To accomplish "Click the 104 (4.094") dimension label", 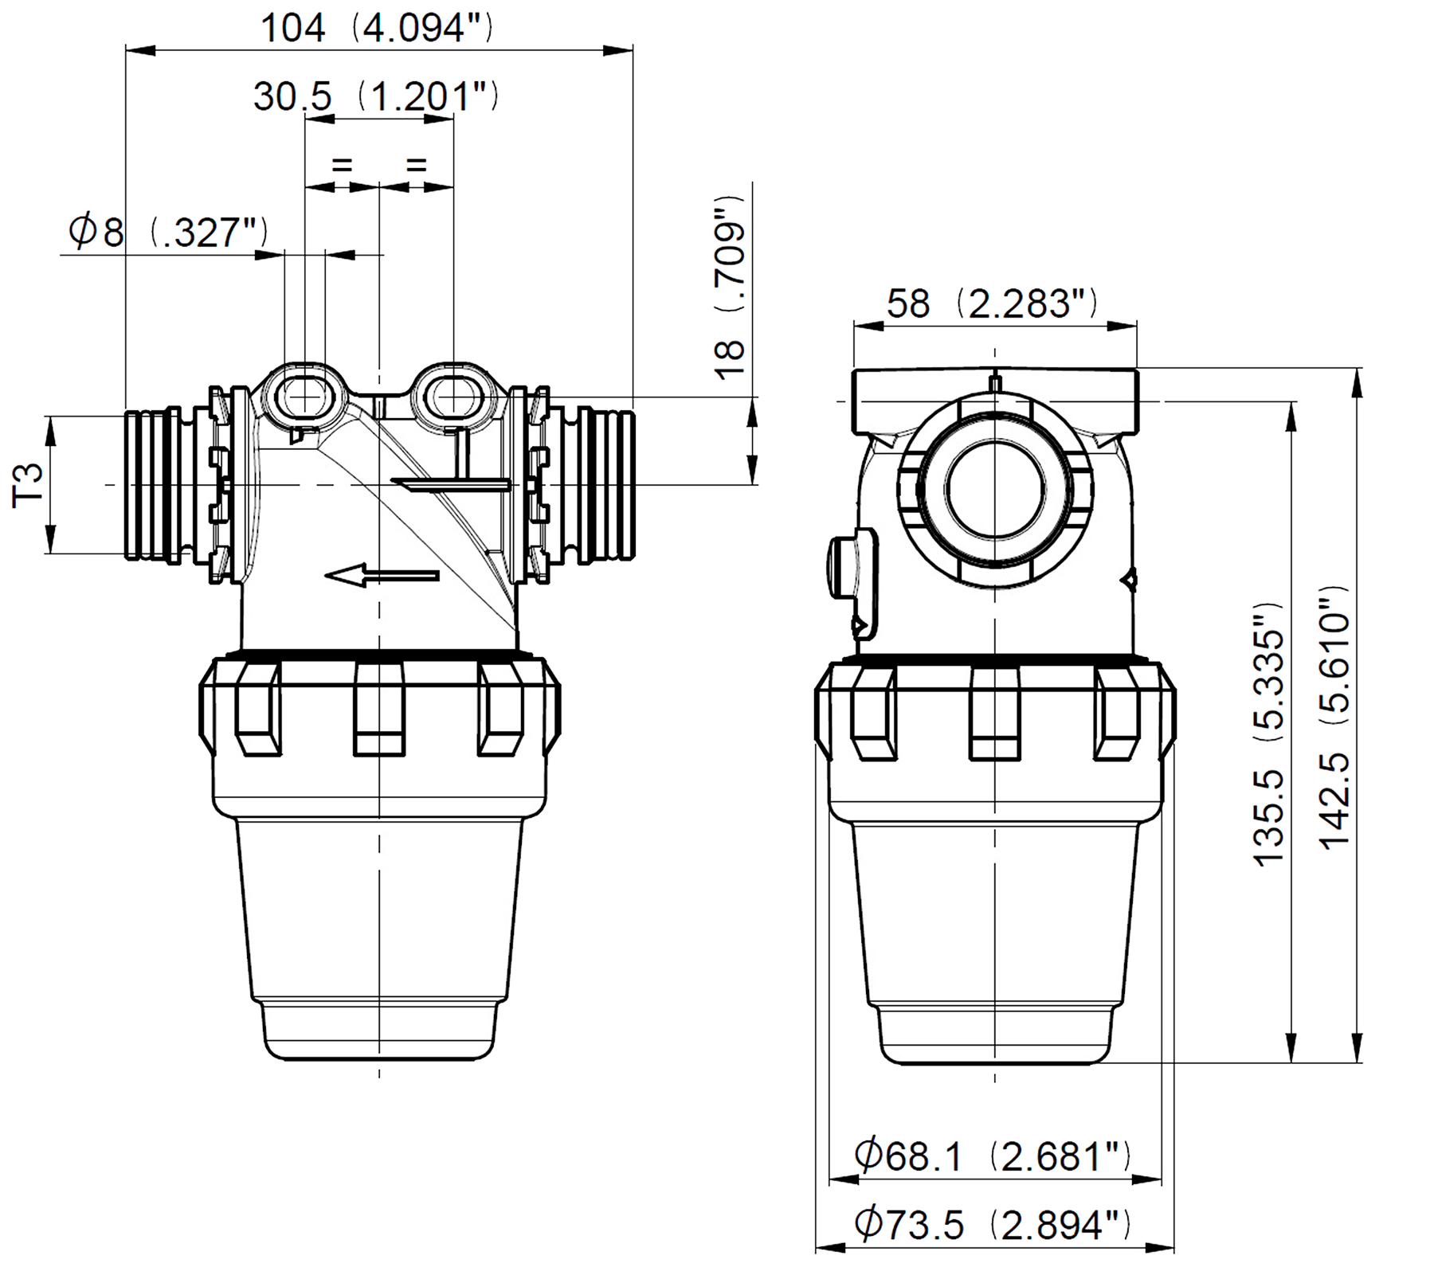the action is click(x=377, y=28).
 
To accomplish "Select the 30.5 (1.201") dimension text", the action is click(x=376, y=96).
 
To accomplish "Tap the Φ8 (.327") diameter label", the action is click(x=168, y=232).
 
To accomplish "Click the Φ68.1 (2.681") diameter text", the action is click(x=992, y=1156).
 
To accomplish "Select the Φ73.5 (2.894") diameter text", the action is click(x=992, y=1224).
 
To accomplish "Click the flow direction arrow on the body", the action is click(x=382, y=574).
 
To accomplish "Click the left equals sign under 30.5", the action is click(x=341, y=166).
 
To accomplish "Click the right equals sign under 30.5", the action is click(x=417, y=166).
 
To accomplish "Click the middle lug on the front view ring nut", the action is click(x=379, y=707).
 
